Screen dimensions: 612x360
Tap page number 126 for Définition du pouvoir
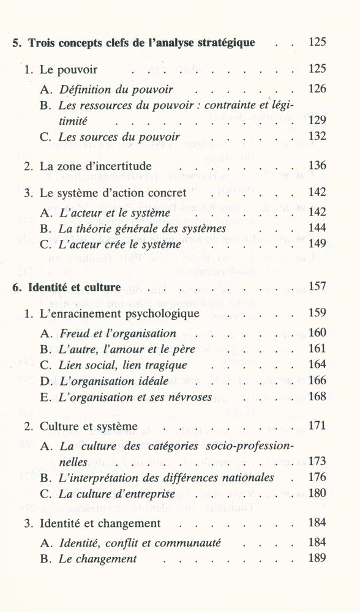(318, 89)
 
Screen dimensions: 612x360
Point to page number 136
(318, 166)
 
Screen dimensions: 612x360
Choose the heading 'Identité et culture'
(69, 288)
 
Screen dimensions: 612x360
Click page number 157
(318, 288)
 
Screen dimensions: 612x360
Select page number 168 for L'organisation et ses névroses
(318, 397)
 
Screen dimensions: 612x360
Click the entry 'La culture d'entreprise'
(117, 493)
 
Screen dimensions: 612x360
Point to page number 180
(318, 493)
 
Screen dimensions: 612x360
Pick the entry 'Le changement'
(98, 559)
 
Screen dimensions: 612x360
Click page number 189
(318, 559)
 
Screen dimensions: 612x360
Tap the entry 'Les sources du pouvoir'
(119, 137)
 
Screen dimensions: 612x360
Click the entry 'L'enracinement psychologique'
(116, 314)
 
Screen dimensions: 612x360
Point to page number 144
(318, 228)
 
